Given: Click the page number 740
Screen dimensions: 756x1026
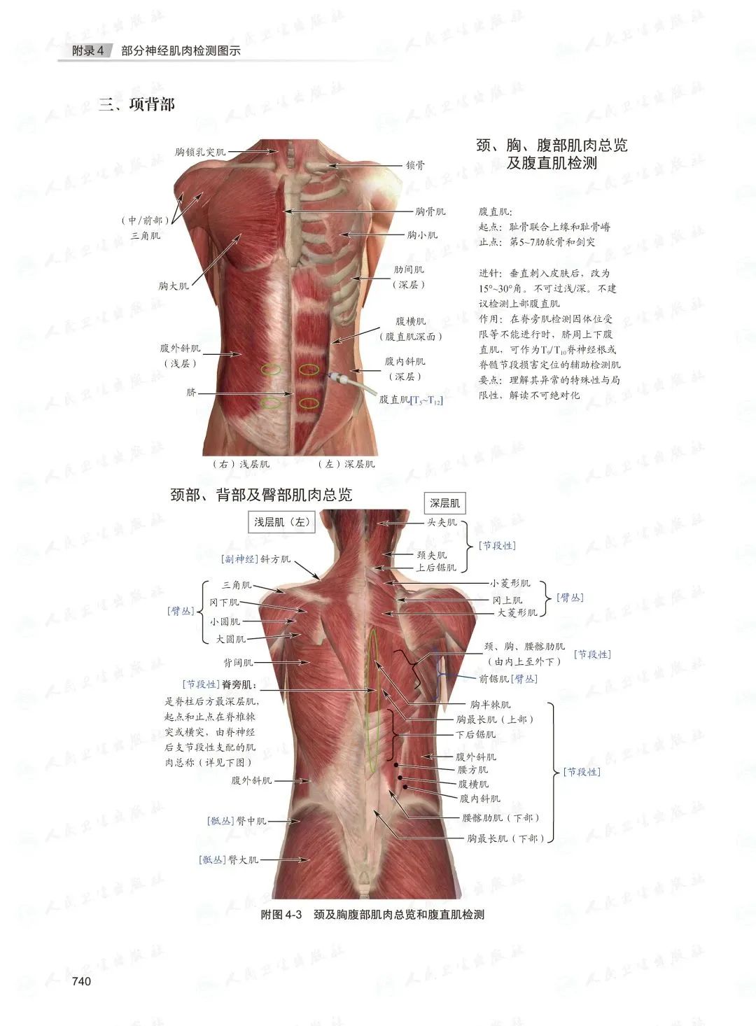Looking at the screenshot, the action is (x=81, y=981).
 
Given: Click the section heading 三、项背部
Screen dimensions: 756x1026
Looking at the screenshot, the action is (x=136, y=105).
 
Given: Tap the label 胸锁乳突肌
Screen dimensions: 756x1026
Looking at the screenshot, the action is (x=200, y=152).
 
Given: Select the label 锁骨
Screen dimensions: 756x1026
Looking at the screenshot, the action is (x=415, y=166).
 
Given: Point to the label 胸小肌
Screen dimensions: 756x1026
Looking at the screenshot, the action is (x=422, y=235).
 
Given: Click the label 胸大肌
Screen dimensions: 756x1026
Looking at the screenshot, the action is (x=173, y=286).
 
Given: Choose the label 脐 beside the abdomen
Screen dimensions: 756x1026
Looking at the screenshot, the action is (x=191, y=393).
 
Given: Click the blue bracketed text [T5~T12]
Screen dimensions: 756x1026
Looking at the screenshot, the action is (x=426, y=400).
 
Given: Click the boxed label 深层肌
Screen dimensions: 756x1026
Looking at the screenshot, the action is (x=444, y=503).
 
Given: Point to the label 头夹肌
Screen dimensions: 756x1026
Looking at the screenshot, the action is (x=442, y=522).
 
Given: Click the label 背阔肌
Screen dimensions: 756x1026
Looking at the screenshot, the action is (x=238, y=662).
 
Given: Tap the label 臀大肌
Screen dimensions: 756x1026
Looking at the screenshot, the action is (x=243, y=859).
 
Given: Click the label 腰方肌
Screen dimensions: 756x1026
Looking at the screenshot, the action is (x=472, y=770).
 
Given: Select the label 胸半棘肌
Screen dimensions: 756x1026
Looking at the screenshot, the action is (x=490, y=705).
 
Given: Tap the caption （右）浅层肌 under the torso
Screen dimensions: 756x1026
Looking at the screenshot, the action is (x=241, y=464).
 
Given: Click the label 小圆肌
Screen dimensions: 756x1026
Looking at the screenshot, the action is (x=225, y=621).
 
